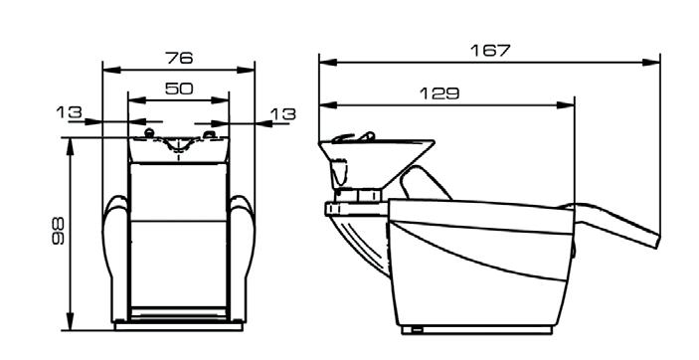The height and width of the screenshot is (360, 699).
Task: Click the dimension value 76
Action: point(179,58)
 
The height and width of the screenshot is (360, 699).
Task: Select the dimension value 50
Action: point(179,89)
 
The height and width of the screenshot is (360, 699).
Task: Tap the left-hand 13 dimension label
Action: point(70,112)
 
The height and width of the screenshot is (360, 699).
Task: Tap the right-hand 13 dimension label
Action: point(283,114)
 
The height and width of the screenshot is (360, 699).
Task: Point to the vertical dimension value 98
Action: point(59,231)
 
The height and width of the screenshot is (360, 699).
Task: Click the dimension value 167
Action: point(490,51)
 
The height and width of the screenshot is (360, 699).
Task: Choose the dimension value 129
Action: point(439,93)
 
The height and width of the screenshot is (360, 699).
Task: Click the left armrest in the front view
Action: point(115,259)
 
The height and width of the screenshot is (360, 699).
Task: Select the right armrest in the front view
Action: point(243,259)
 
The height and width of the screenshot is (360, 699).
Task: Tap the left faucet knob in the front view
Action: point(149,132)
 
